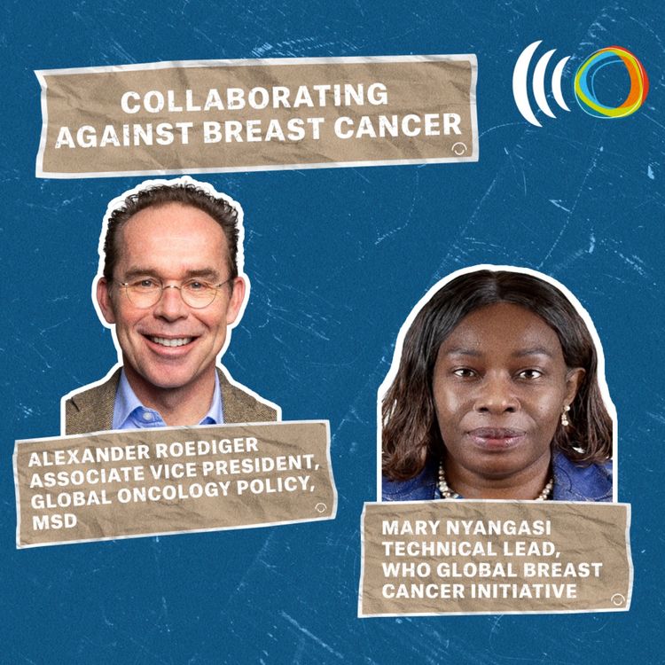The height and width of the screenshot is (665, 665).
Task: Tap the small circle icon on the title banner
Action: pos(458,148)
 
